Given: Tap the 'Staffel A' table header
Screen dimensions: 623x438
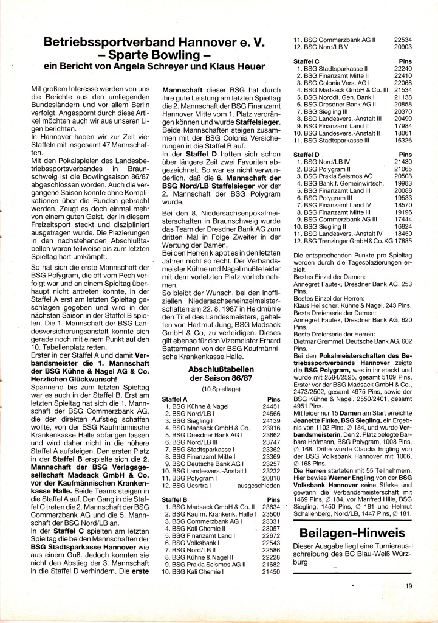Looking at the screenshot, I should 176,399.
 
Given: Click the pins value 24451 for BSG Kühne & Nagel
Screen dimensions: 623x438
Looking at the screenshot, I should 271,406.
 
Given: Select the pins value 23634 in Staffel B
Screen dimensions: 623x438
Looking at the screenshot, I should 271,506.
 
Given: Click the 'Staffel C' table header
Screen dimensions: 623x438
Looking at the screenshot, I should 307,61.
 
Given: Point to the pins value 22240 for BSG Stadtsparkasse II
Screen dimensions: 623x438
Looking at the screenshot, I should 403,69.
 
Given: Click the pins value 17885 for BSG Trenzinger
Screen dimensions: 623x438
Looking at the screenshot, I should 403,242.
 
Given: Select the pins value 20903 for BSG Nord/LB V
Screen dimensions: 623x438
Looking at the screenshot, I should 403,47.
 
